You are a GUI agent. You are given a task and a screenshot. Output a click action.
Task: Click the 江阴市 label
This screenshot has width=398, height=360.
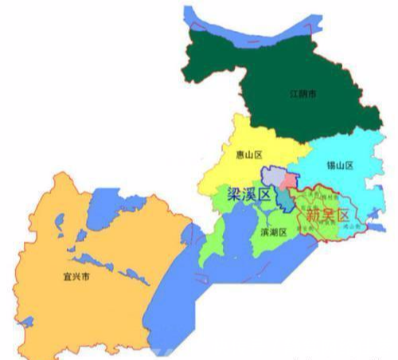[302, 94]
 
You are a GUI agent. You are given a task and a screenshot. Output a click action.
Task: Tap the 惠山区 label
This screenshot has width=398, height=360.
[249, 155]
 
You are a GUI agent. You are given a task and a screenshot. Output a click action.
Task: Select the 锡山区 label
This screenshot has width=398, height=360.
[340, 166]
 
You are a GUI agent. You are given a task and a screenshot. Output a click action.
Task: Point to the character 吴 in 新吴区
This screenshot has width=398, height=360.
[322, 214]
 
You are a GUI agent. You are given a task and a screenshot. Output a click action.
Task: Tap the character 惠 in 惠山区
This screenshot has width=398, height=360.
[240, 155]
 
